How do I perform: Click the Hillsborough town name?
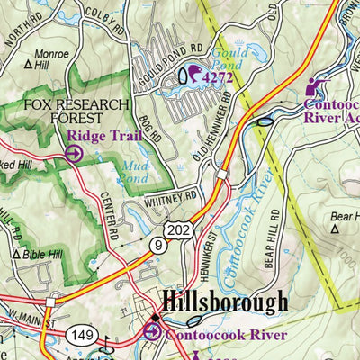[x=225, y=301]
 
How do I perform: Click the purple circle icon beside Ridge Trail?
[x=74, y=154]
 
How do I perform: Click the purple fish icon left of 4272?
[x=192, y=76]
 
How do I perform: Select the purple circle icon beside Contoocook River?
[x=153, y=334]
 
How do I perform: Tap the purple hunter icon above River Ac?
[x=314, y=86]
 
